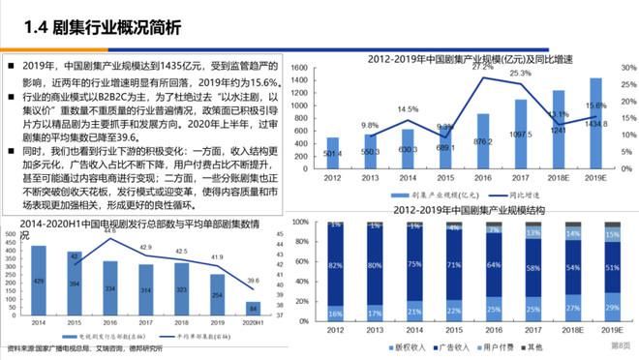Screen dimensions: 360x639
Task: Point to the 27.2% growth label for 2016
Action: click(483, 67)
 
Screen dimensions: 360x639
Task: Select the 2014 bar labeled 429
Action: click(39, 280)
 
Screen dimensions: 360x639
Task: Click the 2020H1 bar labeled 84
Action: click(254, 308)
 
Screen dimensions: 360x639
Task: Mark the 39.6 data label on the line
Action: click(254, 282)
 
